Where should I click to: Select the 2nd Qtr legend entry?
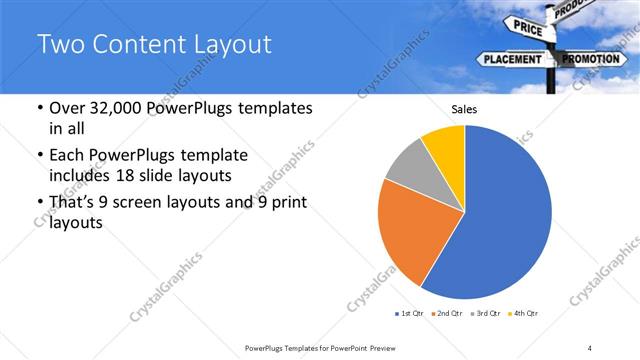pos(448,314)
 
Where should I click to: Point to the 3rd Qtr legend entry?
pos(487,314)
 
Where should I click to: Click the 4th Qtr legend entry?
pos(524,314)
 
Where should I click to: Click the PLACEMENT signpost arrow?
pos(512,59)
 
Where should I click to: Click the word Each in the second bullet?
pos(68,156)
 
